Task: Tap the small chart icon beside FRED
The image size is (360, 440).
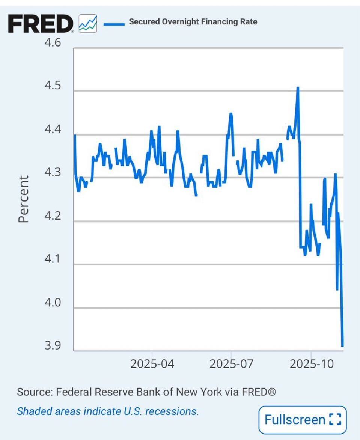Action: tap(88, 24)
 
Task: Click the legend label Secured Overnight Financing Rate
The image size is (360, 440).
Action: tap(193, 22)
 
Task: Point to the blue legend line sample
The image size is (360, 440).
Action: tap(114, 24)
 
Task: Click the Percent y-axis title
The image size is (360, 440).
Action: tap(23, 199)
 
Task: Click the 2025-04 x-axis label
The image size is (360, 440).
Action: tap(152, 364)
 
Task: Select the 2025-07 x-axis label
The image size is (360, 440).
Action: tap(232, 364)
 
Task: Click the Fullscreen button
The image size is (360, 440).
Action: tap(303, 419)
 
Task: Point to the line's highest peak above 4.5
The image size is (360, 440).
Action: tap(298, 88)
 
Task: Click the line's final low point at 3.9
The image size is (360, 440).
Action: tap(342, 345)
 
